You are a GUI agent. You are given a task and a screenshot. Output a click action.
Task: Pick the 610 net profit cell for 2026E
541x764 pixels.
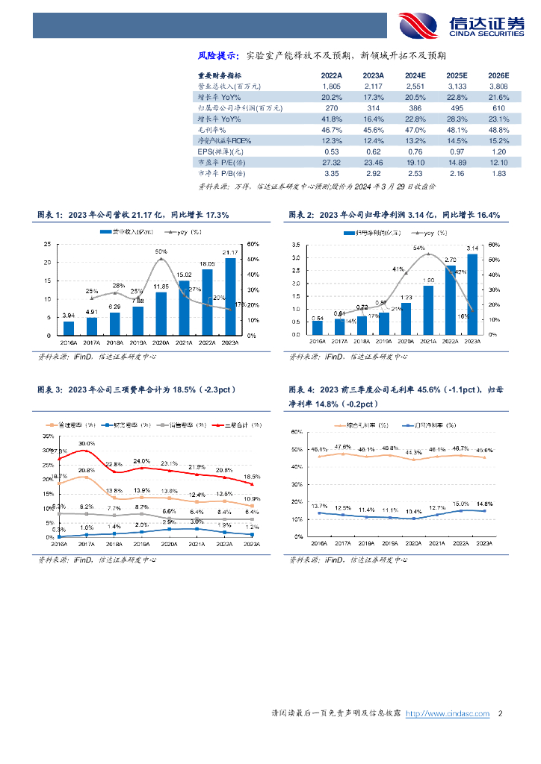(498, 108)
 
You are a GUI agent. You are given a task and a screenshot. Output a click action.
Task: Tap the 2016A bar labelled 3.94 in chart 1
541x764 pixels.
(69, 328)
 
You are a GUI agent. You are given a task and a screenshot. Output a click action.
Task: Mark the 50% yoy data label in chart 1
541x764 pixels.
(161, 251)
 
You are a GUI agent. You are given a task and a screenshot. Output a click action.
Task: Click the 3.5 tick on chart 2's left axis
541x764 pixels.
(297, 244)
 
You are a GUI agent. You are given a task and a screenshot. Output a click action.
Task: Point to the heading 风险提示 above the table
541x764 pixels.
(217, 55)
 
